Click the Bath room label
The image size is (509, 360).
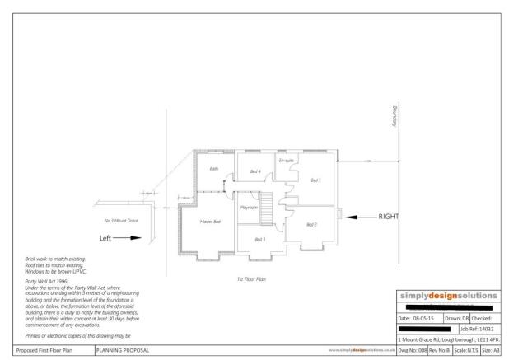(x=214, y=169)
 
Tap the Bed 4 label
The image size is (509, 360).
(x=255, y=171)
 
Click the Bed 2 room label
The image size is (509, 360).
(x=311, y=224)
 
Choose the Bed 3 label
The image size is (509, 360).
(x=259, y=239)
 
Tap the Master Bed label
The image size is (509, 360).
(x=210, y=222)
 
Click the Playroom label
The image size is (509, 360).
(x=249, y=208)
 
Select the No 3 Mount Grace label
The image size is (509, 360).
(x=121, y=221)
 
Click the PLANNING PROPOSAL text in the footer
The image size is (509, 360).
(x=123, y=349)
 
